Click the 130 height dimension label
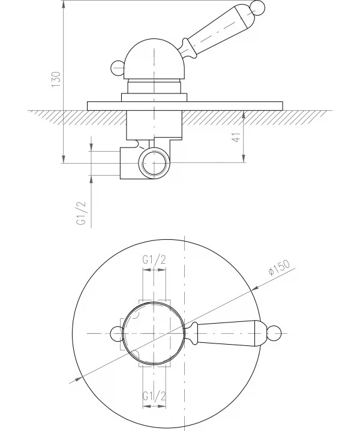tap(56, 80)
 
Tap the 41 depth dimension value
tap(236, 137)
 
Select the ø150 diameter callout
tap(279, 267)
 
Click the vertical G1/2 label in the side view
tap(82, 213)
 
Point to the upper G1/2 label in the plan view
tap(154, 260)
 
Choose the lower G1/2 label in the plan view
tap(154, 396)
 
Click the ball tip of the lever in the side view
tap(257, 7)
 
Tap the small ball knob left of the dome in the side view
tap(118, 68)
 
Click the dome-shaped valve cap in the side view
tap(154, 59)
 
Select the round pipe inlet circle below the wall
tap(154, 162)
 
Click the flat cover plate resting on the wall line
tap(185, 106)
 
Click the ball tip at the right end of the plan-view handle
tap(274, 333)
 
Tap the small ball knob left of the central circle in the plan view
tap(116, 333)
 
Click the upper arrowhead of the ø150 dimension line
tap(255, 288)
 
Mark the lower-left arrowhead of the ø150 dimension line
tap(79, 379)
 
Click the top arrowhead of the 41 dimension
tap(244, 114)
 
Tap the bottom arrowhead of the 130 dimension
tap(64, 159)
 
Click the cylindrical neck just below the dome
tap(154, 86)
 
